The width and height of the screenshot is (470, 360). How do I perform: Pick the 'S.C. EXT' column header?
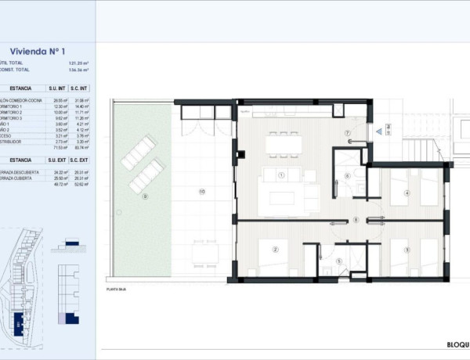77,159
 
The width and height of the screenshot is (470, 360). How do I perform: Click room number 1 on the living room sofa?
280,175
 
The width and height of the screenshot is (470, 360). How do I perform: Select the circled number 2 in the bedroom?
276,250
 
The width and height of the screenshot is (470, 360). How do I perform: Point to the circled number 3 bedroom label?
407,250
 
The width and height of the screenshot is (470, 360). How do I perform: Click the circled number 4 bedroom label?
407,193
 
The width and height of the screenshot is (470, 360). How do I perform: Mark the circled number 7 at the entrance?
347,134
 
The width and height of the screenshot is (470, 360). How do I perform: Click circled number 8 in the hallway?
356,220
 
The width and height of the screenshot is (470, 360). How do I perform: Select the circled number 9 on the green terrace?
144,197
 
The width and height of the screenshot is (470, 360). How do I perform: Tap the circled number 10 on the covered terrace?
201,191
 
